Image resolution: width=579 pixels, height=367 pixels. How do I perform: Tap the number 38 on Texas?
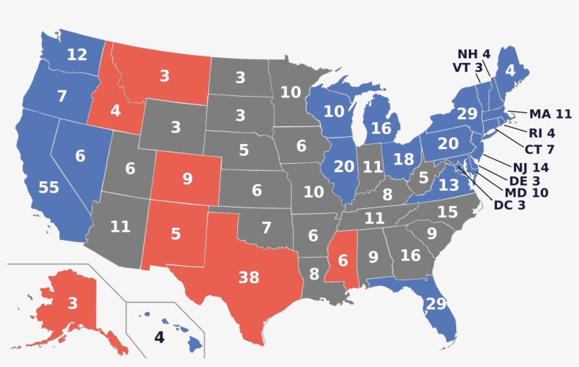pos(249,277)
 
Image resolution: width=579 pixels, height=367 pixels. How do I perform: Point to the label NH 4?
pos(473,54)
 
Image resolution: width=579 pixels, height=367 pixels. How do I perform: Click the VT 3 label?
pos(467,68)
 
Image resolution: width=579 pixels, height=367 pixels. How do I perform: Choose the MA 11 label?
pos(550,114)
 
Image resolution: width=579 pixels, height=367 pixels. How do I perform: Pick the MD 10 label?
pos(526,192)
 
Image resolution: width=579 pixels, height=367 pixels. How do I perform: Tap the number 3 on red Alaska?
pos(72,304)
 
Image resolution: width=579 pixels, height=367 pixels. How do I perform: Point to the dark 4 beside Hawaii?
pos(159,337)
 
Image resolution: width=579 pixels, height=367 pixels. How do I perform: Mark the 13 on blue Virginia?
pos(449,186)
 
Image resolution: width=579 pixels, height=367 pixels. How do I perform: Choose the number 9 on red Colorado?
pos(187,179)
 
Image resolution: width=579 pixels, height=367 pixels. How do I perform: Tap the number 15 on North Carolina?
pos(448,211)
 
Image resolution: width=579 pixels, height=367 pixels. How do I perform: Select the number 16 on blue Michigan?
pos(381,128)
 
